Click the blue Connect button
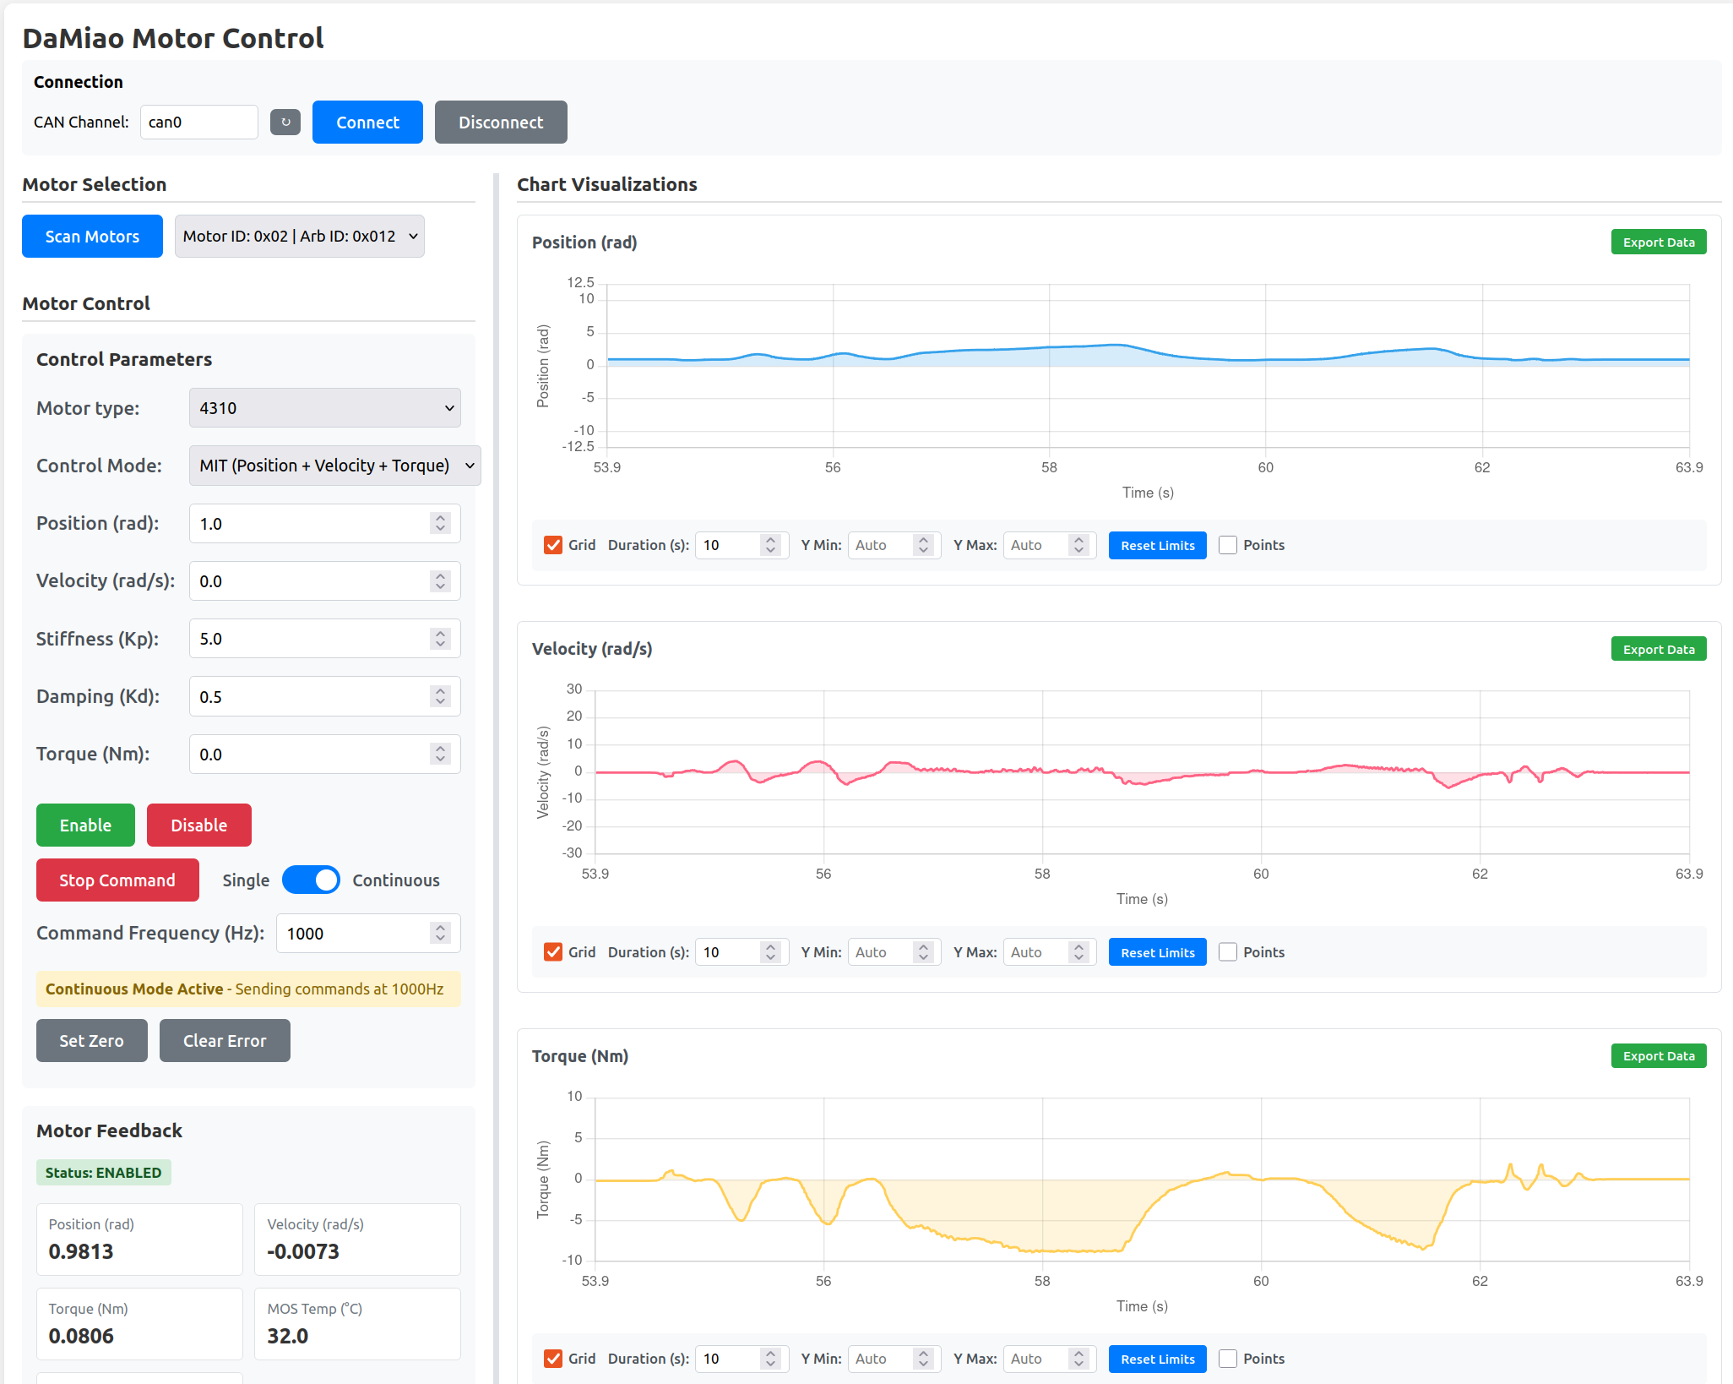pos(367,123)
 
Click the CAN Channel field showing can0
pos(198,123)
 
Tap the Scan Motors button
pos(92,237)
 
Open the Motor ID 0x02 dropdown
pos(299,237)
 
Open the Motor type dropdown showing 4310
pos(324,408)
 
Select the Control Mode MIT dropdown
pos(334,466)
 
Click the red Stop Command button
pos(117,880)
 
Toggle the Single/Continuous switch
pos(311,880)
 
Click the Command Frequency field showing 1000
pos(355,934)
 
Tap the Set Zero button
pos(91,1041)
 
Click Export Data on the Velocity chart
pos(1658,650)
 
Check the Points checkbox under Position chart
pos(1228,546)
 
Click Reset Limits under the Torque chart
pos(1157,1359)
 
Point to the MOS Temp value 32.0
pos(288,1336)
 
